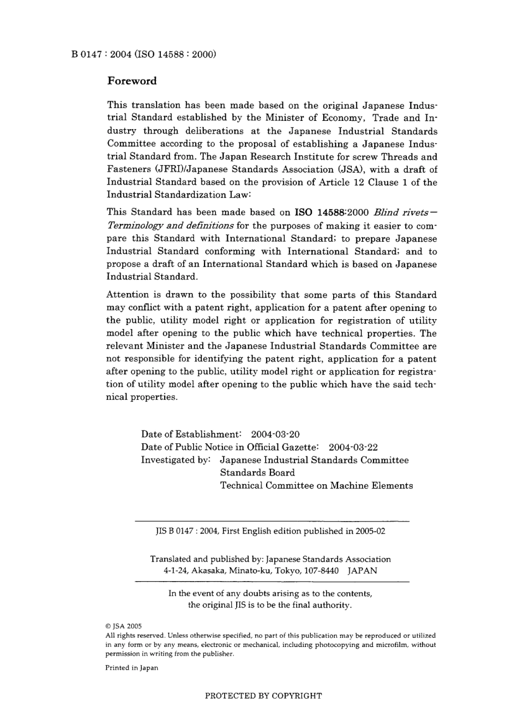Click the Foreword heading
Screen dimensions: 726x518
point(131,81)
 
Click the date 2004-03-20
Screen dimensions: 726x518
point(275,435)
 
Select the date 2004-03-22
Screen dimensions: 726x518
point(353,447)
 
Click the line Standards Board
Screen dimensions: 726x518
point(257,473)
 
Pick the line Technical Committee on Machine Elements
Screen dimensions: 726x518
point(316,486)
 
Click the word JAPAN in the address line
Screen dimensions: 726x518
point(362,571)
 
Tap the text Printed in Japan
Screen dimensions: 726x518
point(131,668)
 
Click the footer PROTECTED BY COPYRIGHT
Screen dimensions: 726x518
point(263,696)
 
